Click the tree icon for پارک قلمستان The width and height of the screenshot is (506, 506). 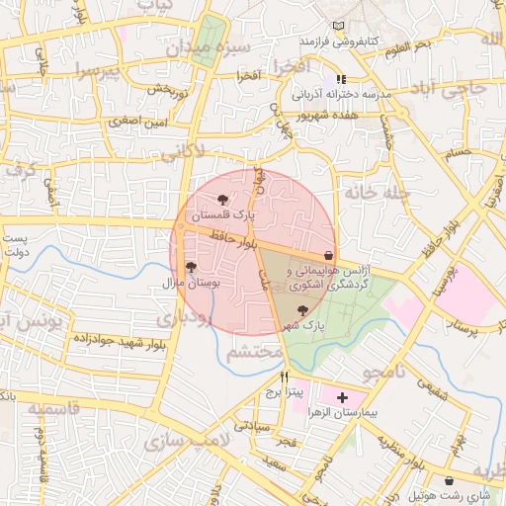(x=234, y=201)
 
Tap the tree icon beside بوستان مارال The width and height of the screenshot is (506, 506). (x=191, y=267)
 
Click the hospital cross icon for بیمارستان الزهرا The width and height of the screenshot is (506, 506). (x=342, y=398)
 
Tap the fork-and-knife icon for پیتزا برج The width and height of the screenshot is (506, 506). (x=285, y=377)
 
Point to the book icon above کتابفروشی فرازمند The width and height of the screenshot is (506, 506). (x=341, y=25)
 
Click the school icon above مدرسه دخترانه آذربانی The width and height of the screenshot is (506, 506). (x=341, y=79)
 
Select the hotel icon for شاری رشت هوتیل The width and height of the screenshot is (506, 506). (x=450, y=480)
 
